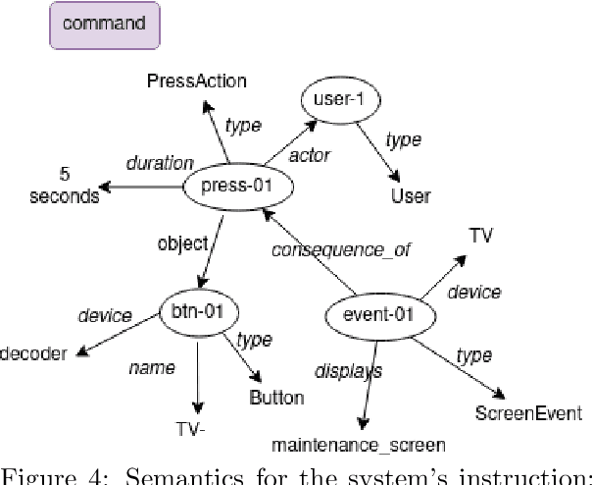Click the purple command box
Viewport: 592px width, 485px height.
(x=105, y=25)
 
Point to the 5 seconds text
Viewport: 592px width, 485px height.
(x=64, y=187)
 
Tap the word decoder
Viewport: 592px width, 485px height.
(x=33, y=353)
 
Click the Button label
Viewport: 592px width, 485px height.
(x=276, y=398)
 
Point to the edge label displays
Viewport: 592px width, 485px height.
(x=347, y=371)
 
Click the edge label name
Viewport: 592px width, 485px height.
(x=152, y=368)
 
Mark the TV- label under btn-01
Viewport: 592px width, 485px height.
(x=202, y=428)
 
